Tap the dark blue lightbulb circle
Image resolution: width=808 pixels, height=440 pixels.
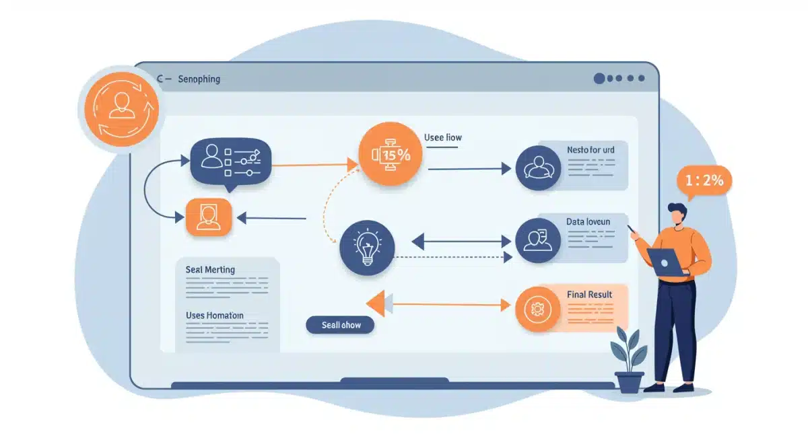click(x=367, y=247)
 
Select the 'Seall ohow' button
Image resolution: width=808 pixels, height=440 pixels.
click(x=341, y=325)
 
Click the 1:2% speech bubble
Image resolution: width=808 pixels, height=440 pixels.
click(x=704, y=180)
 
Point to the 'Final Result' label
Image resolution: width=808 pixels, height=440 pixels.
click(x=589, y=295)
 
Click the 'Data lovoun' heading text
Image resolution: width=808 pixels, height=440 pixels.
click(x=588, y=221)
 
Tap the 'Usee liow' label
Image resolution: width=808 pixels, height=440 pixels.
click(x=443, y=137)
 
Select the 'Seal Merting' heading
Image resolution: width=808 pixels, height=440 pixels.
click(x=210, y=269)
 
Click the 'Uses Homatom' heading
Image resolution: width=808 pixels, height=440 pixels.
click(x=214, y=315)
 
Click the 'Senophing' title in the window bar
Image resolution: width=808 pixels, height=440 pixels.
click(x=199, y=79)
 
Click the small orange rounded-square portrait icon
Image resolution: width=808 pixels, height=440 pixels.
click(x=208, y=217)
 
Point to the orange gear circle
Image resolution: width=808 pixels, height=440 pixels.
click(x=537, y=309)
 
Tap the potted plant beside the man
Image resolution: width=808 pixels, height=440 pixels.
click(x=629, y=360)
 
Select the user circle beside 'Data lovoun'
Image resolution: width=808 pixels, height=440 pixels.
click(x=537, y=240)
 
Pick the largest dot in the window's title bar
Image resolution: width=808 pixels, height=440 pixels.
click(x=599, y=79)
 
